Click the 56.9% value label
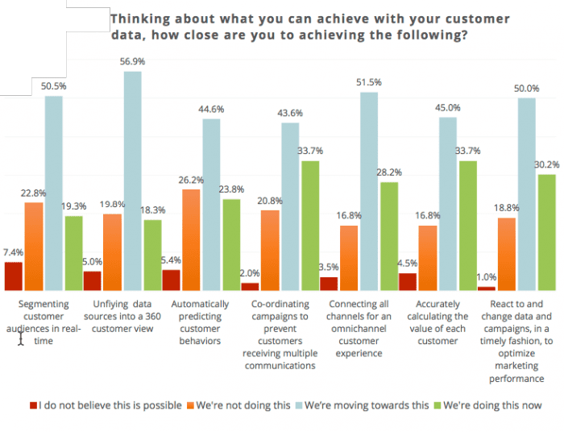tap(132, 60)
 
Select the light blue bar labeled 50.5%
tap(54, 193)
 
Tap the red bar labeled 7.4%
tap(13, 276)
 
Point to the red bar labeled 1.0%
tap(487, 288)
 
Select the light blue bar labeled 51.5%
tap(369, 191)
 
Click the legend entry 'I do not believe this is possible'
tap(105, 405)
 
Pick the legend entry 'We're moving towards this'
tap(367, 405)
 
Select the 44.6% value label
tap(211, 109)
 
